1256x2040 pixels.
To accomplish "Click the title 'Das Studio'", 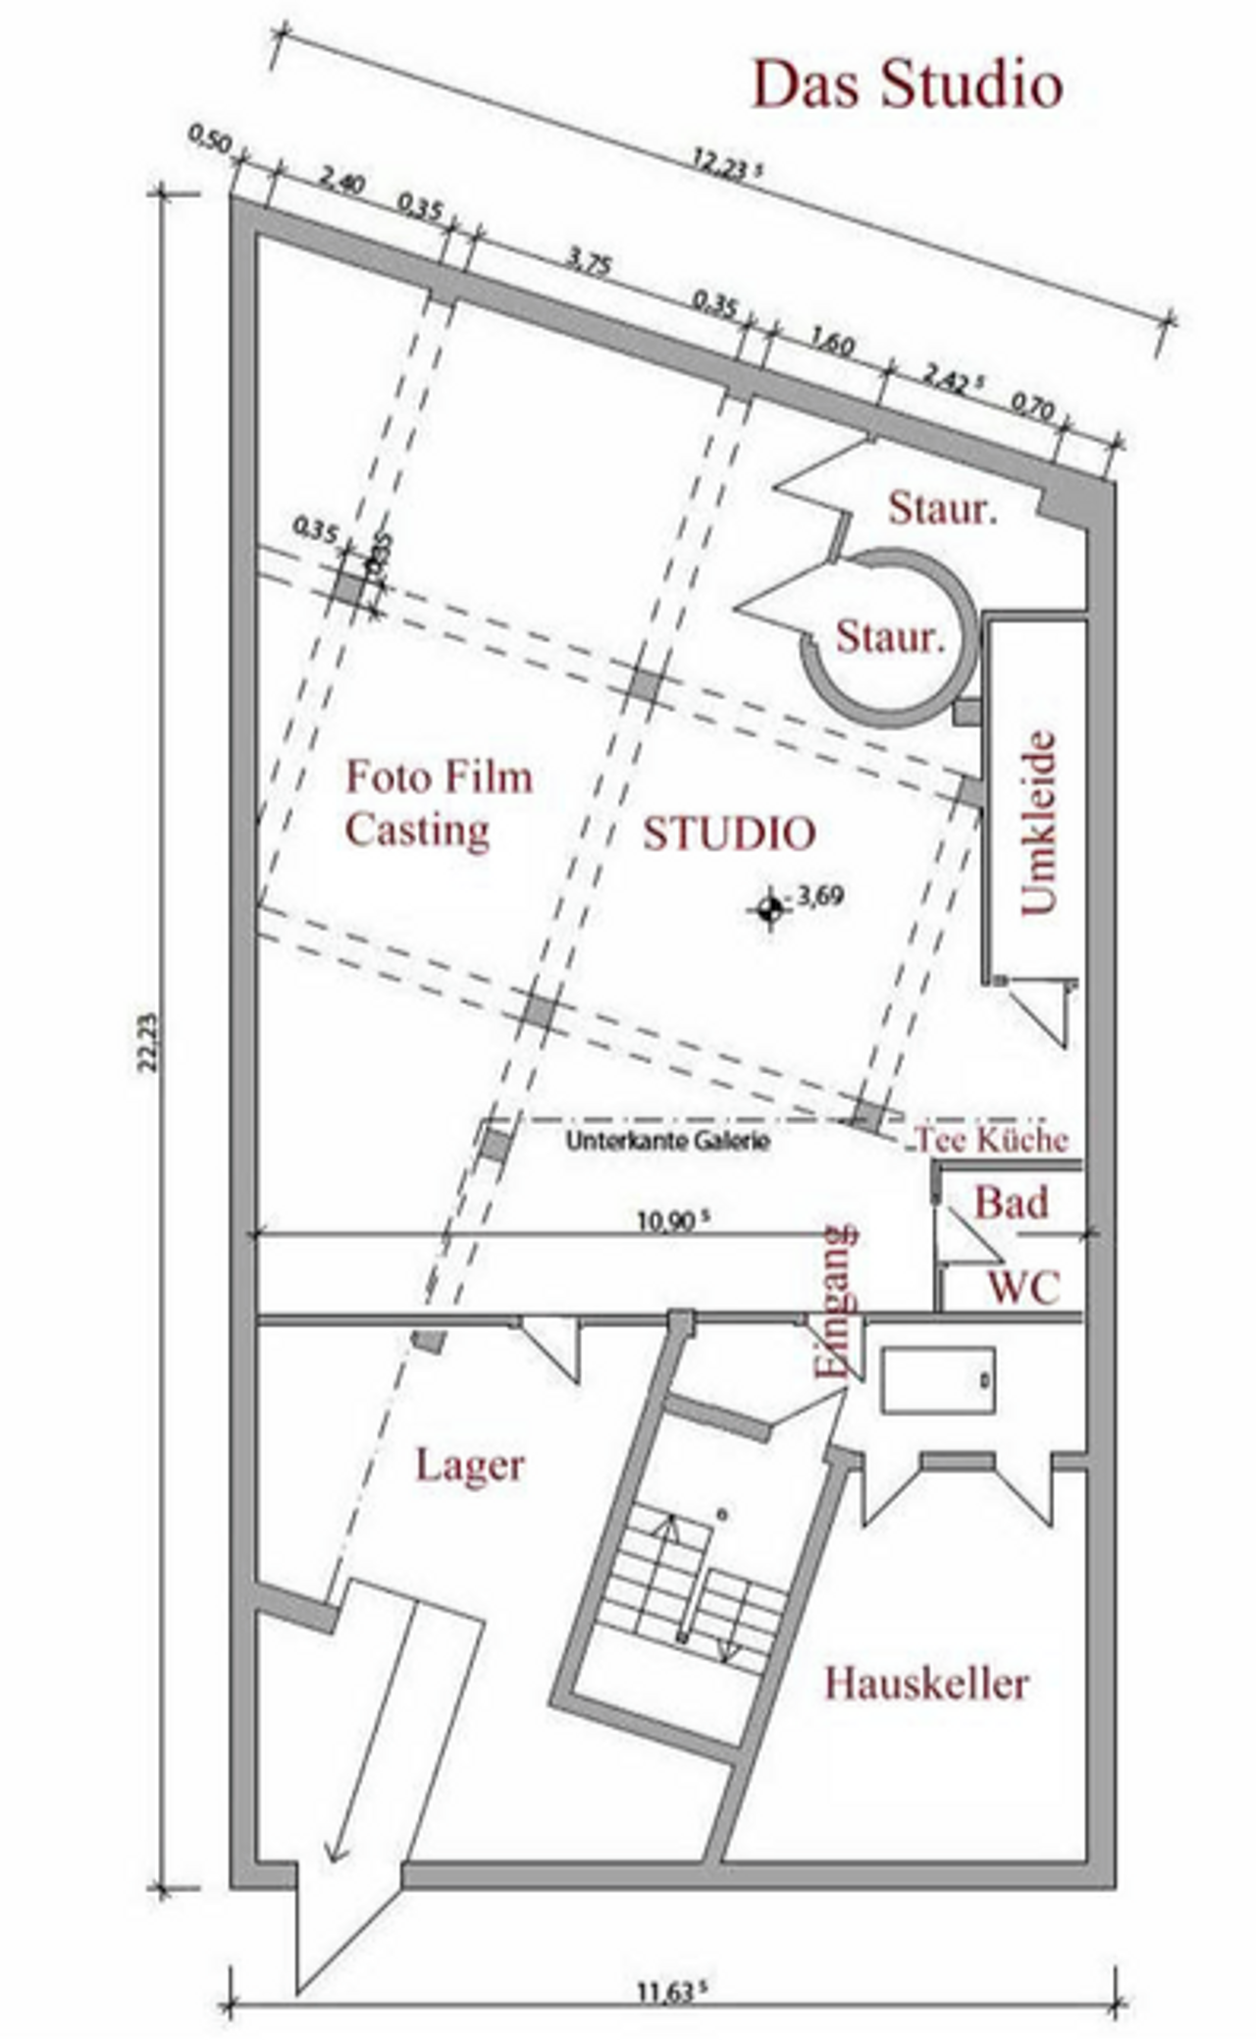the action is tap(908, 85).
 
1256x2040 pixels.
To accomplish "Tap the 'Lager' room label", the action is tap(470, 1466).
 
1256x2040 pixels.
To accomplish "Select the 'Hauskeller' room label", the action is tap(926, 1684).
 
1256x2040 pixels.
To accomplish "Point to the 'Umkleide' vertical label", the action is tap(1038, 823).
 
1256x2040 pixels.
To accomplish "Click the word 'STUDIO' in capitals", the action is tap(729, 834).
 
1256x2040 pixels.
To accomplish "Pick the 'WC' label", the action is tap(1024, 1287).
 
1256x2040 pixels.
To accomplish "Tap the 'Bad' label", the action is tap(1012, 1203).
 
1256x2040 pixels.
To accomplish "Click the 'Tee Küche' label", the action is tap(991, 1140).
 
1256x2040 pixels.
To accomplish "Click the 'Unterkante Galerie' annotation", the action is tap(668, 1142).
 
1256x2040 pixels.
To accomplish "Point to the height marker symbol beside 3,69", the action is tap(770, 909).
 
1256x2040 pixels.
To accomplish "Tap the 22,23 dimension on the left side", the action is tap(149, 1042).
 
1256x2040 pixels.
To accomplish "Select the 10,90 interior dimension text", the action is tap(673, 1220).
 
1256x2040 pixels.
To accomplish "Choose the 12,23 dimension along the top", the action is tap(727, 166).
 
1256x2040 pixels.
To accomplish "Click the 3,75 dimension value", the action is tap(590, 262).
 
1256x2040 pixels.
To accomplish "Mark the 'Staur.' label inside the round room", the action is tap(890, 637).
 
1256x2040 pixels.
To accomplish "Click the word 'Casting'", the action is tap(417, 832).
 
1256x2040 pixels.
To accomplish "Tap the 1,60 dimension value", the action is tap(832, 344).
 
